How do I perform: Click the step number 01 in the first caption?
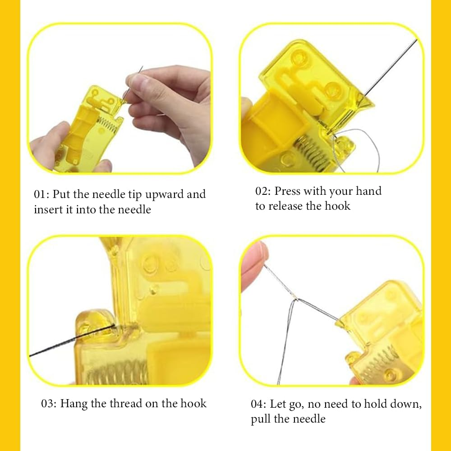point(41,195)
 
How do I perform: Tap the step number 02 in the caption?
point(262,191)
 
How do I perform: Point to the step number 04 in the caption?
point(258,404)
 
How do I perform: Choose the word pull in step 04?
point(260,419)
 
